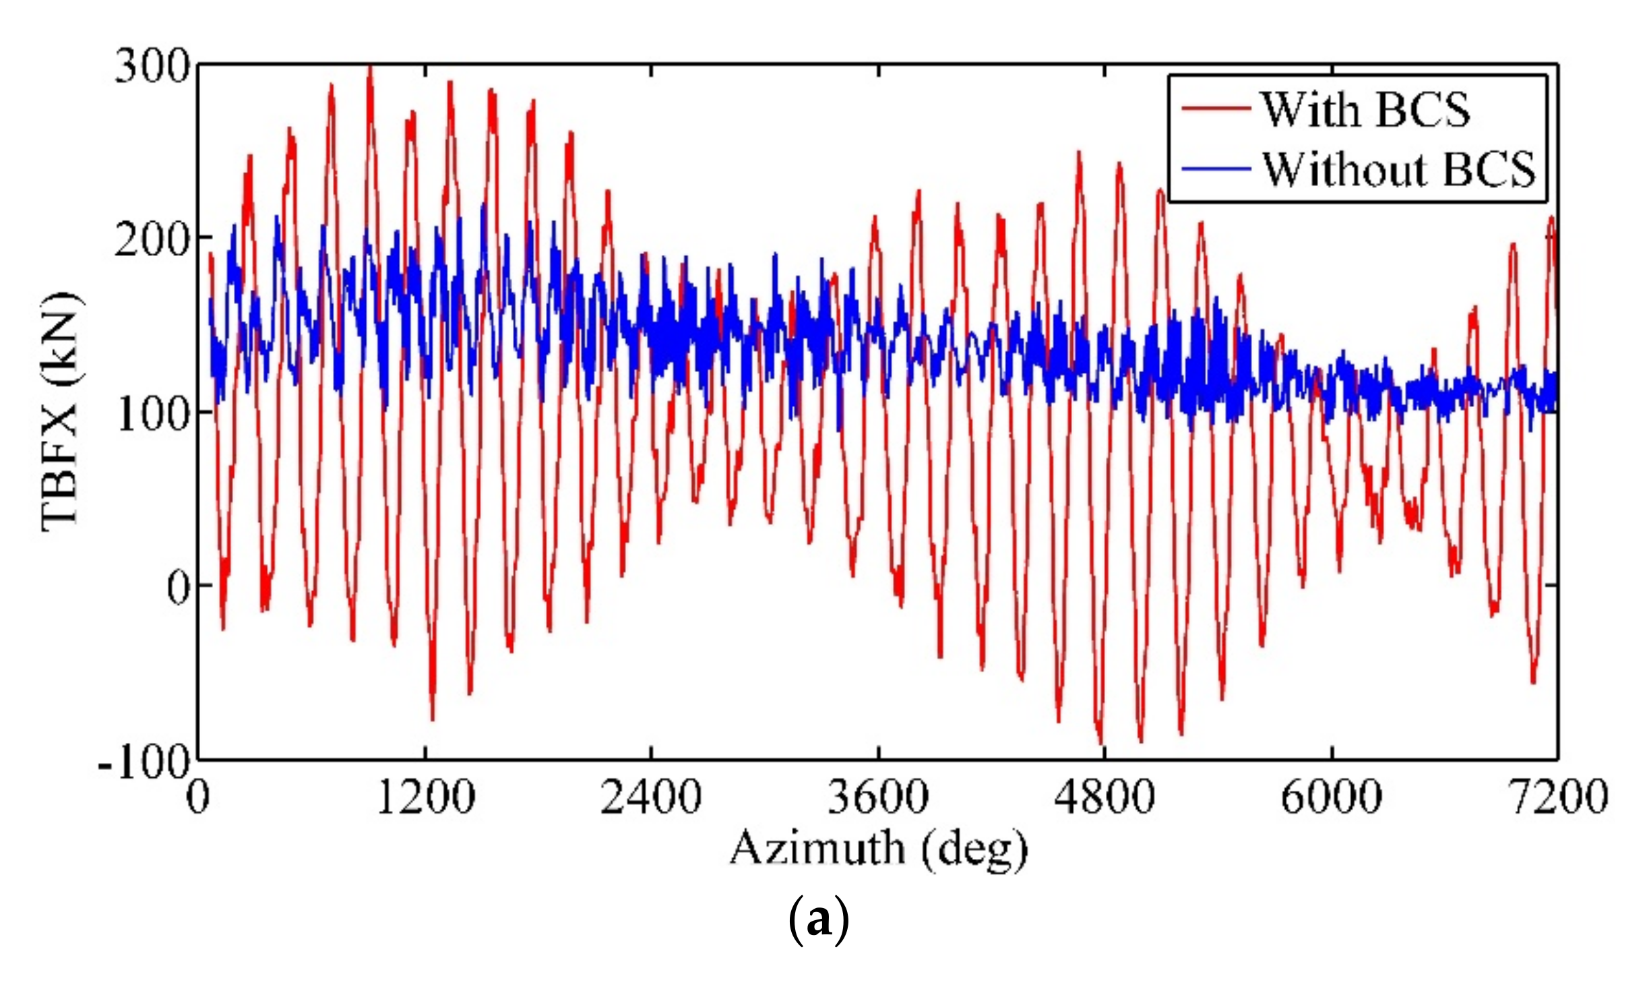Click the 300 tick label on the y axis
pyautogui.click(x=152, y=67)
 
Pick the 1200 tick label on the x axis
pyautogui.click(x=425, y=798)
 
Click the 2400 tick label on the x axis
pyautogui.click(x=651, y=798)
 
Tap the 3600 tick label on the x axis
pyautogui.click(x=878, y=798)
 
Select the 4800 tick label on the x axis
pyautogui.click(x=1105, y=798)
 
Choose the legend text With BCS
pyautogui.click(x=1365, y=110)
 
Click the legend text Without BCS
pyautogui.click(x=1398, y=169)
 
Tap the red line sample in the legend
pyautogui.click(x=1216, y=109)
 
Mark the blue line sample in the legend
pyautogui.click(x=1216, y=168)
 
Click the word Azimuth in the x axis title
pyautogui.click(x=817, y=848)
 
